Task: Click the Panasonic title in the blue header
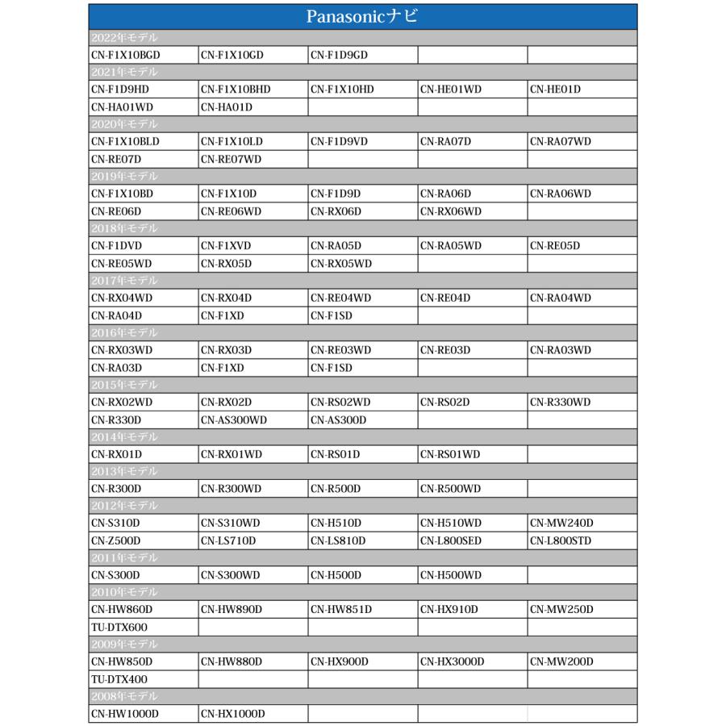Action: pos(362,17)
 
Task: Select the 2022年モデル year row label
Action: pos(124,38)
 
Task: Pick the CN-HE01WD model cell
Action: pos(450,90)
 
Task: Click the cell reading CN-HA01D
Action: pos(227,107)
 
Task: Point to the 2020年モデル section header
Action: pos(124,124)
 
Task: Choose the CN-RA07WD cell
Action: pos(561,142)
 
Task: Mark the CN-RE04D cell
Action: pos(444,298)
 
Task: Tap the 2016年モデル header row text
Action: pos(124,332)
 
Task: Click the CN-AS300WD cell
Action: pos(233,419)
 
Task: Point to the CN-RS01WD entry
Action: pos(449,454)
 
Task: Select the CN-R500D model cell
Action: pos(336,489)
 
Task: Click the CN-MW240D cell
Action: pos(561,524)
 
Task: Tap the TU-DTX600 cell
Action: pos(119,627)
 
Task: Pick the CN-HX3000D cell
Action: pos(452,661)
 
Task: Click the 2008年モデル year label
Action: pos(124,696)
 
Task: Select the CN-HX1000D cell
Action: pos(232,714)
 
